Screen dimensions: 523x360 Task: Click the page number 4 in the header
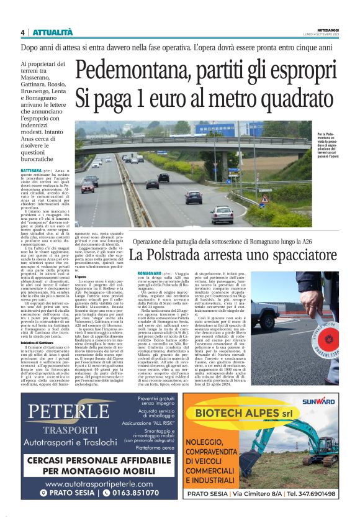[22, 32]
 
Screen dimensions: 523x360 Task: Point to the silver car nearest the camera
[220, 214]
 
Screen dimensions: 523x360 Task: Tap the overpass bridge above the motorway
[186, 143]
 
